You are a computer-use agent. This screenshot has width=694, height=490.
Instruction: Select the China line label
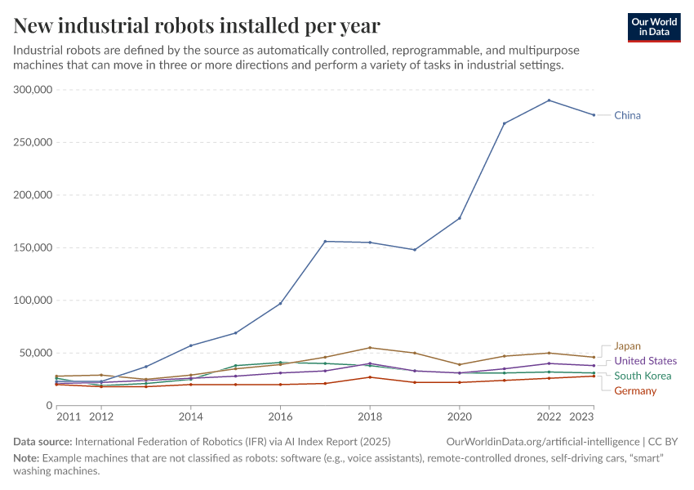[x=627, y=115]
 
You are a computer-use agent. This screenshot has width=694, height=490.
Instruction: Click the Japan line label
[x=627, y=345]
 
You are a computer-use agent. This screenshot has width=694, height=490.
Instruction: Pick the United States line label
[x=645, y=361]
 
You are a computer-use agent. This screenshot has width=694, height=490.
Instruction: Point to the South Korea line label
[x=643, y=376]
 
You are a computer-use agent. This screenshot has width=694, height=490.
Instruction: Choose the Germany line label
[x=635, y=390]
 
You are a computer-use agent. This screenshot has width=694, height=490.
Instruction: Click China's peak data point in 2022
[x=549, y=100]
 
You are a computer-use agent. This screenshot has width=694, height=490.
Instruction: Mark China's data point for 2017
[x=325, y=241]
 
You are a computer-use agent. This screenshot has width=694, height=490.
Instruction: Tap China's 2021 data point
[x=504, y=123]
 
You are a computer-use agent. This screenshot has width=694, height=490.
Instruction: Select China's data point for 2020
[x=460, y=218]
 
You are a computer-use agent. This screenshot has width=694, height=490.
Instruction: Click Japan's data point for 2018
[x=370, y=348]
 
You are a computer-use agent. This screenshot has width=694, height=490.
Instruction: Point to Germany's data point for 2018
[x=370, y=376]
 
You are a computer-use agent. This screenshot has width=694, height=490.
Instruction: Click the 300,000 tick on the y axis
[x=33, y=90]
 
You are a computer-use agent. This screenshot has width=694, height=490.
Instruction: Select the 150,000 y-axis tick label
[x=33, y=247]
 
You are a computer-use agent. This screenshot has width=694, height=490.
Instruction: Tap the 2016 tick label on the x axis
[x=280, y=416]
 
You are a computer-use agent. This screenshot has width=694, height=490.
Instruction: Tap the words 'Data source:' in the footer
[x=42, y=442]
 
